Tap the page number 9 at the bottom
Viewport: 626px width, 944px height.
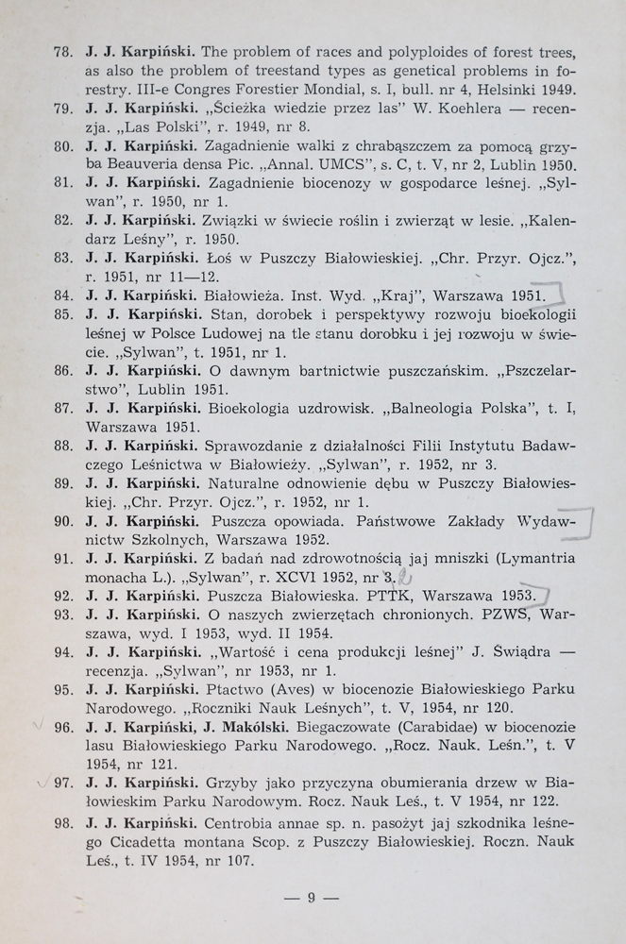click(311, 898)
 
